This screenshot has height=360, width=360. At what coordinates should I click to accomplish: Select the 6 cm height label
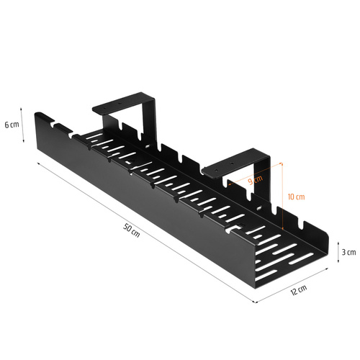(x=12, y=125)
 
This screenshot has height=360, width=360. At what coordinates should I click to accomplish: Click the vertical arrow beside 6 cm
(x=24, y=125)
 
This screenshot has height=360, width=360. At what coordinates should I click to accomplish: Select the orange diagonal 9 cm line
(x=252, y=184)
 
